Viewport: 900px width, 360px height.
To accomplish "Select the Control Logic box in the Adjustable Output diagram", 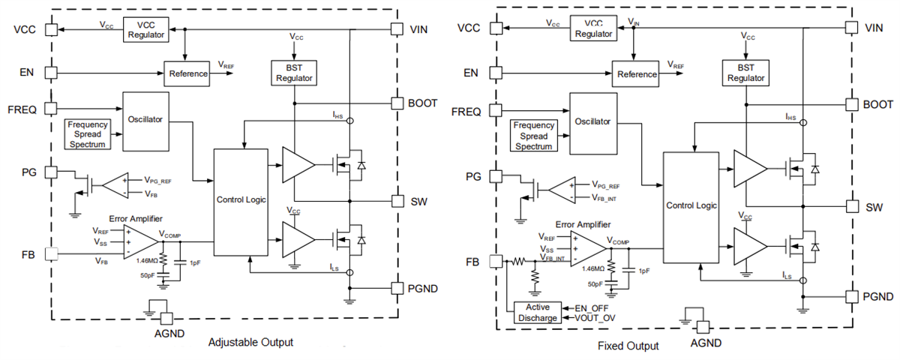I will [x=241, y=200].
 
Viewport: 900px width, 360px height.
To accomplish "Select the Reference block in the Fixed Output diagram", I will [x=637, y=74].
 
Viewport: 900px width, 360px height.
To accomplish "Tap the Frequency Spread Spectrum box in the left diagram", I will [x=86, y=134].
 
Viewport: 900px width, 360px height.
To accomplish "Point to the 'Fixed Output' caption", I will [x=628, y=346].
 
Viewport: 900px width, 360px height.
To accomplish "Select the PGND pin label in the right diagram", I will [x=878, y=296].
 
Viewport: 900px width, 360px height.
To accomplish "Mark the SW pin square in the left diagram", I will [x=397, y=201].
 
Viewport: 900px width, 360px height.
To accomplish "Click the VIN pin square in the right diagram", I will [x=851, y=27].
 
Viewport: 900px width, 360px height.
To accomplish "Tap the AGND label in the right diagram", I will [x=705, y=343].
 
